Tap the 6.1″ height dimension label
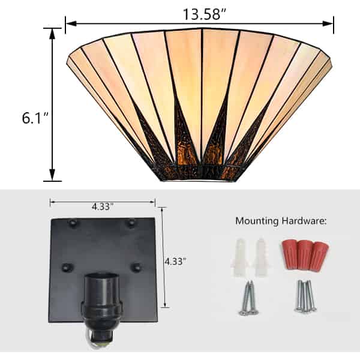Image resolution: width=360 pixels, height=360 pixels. point(35,118)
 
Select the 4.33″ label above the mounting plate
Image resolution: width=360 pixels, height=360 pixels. point(103,207)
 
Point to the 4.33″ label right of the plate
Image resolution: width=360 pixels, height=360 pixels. point(175,261)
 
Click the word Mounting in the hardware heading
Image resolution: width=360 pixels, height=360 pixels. point(257,221)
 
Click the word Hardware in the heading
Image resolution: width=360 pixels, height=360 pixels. point(304,221)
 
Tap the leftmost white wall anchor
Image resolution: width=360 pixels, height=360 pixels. point(240,257)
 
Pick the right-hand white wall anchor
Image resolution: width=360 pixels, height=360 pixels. point(261,257)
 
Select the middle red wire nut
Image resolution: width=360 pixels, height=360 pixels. point(305,254)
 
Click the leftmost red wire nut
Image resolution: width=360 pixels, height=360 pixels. point(290,254)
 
